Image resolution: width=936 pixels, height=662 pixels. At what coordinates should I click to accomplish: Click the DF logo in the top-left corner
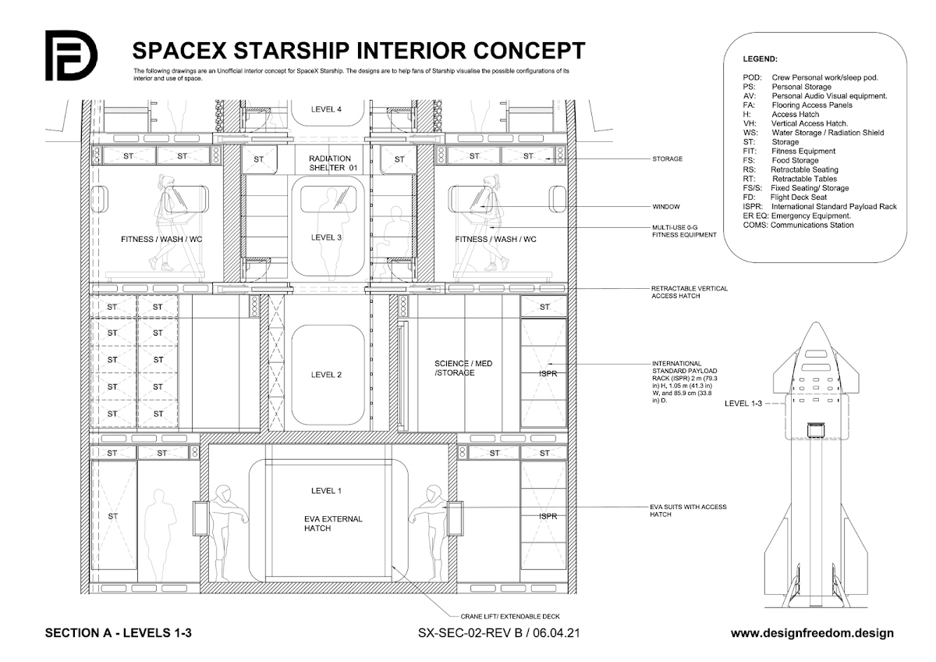pyautogui.click(x=70, y=55)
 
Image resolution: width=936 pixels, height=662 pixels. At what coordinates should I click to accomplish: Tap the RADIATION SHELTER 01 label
pyautogui.click(x=329, y=163)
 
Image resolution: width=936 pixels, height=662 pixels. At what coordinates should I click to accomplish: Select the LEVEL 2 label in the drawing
pyautogui.click(x=326, y=375)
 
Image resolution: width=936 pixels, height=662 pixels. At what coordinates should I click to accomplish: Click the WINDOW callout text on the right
pyautogui.click(x=667, y=208)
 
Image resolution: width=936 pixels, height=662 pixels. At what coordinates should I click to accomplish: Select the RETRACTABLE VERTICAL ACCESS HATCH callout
pyautogui.click(x=690, y=292)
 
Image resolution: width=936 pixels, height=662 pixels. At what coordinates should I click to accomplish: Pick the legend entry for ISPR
pyautogui.click(x=819, y=207)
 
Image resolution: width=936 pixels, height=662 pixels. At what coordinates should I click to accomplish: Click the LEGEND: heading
pyautogui.click(x=760, y=59)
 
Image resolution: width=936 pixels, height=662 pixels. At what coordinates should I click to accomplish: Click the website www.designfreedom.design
pyautogui.click(x=812, y=633)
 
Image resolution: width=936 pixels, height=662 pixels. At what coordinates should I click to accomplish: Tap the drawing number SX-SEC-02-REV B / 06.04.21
pyautogui.click(x=502, y=633)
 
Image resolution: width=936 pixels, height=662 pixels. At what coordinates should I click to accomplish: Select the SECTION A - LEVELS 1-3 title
pyautogui.click(x=119, y=633)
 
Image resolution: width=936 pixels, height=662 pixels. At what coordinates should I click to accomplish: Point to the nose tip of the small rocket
pyautogui.click(x=816, y=322)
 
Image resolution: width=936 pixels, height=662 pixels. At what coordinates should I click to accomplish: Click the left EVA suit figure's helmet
pyautogui.click(x=225, y=493)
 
